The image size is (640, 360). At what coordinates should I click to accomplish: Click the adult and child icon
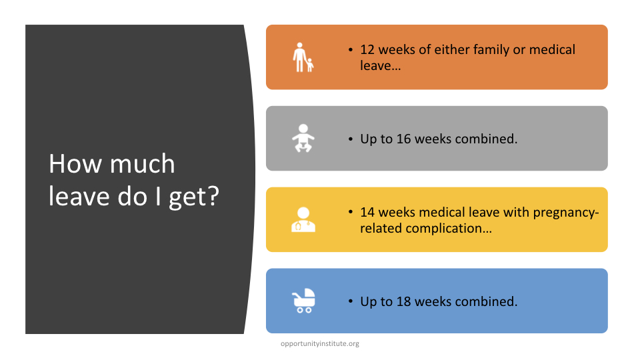[x=303, y=57]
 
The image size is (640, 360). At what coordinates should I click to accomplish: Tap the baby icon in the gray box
[x=303, y=139]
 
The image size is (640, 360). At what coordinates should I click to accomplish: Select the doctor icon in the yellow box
[x=303, y=219]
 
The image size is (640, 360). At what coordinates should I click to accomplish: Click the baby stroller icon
[x=303, y=301]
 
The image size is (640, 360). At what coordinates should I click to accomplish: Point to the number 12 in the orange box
[x=367, y=50]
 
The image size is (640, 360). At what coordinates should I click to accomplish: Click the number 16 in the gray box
[x=403, y=139]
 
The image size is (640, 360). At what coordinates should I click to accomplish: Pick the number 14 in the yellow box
[x=367, y=213]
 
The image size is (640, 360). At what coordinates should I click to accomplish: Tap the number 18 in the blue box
[x=403, y=301]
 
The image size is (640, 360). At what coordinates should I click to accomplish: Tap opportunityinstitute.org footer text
[x=319, y=344]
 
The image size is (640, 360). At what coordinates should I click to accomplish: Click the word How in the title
[x=75, y=164]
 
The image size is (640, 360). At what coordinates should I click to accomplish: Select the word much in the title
[x=143, y=164]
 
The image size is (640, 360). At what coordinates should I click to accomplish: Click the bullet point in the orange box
[x=351, y=50]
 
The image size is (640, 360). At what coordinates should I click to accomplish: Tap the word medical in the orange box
[x=552, y=50]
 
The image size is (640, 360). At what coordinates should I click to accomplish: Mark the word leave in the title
[x=79, y=197]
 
